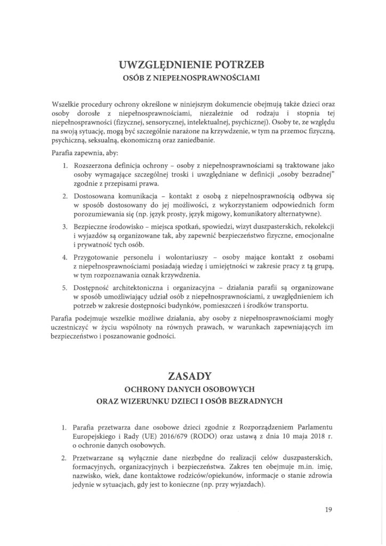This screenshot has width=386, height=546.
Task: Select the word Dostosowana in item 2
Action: (95, 195)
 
